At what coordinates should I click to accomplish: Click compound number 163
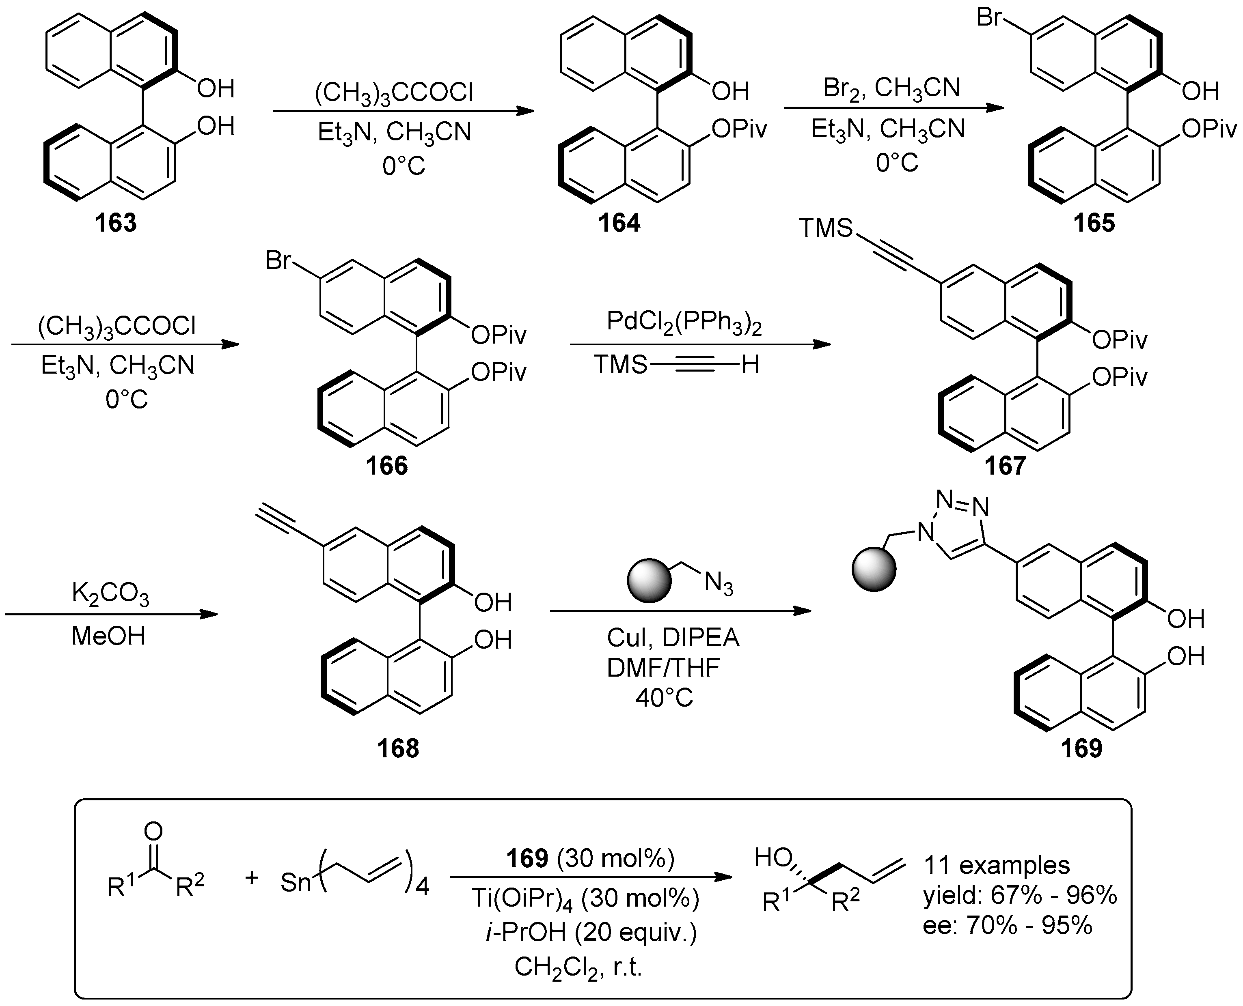coord(116,223)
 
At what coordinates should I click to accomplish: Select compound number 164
coord(619,223)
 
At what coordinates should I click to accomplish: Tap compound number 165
coord(1094,223)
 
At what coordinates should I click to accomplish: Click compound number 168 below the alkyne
coord(398,749)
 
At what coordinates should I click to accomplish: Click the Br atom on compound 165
coord(989,17)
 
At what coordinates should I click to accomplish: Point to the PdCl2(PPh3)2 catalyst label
coord(684,322)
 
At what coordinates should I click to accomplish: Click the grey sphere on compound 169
coord(874,570)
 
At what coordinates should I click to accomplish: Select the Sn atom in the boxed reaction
coord(296,883)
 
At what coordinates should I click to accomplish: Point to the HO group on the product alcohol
coord(773,857)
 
